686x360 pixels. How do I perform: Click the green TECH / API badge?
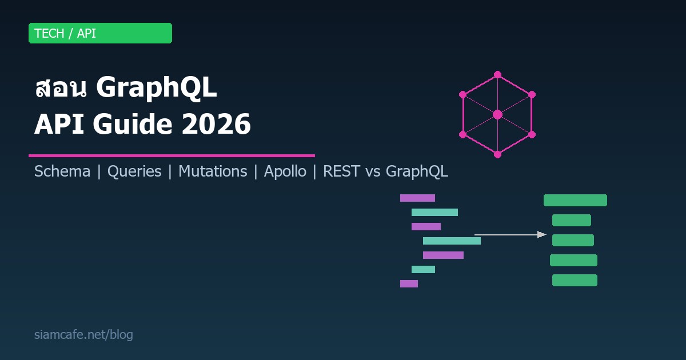click(x=100, y=33)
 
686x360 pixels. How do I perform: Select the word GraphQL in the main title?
click(x=157, y=89)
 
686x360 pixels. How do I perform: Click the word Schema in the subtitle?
click(x=62, y=171)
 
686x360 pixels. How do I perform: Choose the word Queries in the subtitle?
click(x=134, y=171)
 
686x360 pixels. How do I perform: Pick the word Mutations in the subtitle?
click(x=213, y=171)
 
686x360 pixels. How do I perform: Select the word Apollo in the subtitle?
click(x=285, y=171)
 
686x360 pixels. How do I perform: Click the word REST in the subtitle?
click(x=341, y=171)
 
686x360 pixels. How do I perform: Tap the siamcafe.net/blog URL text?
click(x=83, y=335)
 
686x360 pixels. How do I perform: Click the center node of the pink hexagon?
click(x=497, y=114)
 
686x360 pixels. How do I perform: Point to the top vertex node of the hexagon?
click(x=497, y=74)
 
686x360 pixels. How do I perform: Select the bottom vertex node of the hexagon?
click(x=497, y=154)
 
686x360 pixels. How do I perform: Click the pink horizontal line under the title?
click(x=171, y=155)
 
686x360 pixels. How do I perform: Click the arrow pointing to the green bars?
click(x=510, y=234)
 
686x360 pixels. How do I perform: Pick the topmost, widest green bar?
click(x=575, y=200)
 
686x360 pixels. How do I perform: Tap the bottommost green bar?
click(x=575, y=280)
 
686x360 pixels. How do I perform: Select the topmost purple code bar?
click(x=417, y=198)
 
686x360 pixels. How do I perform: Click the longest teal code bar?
click(x=452, y=241)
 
